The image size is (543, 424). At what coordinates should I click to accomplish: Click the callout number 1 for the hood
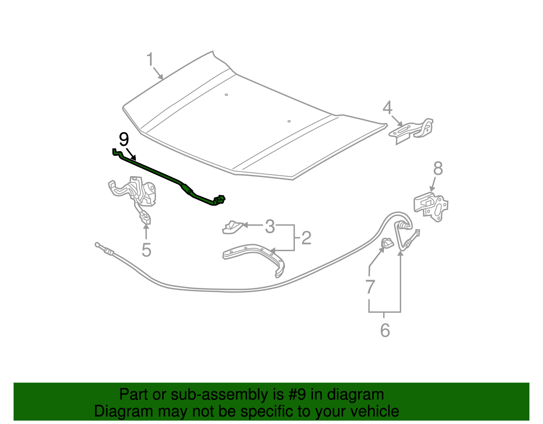pos(150,60)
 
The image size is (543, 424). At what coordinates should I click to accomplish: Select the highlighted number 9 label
pos(124,140)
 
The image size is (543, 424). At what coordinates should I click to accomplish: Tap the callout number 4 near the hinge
pos(387,108)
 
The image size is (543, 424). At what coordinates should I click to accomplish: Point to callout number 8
pos(438,168)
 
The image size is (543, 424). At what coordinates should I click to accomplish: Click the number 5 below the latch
pos(146,250)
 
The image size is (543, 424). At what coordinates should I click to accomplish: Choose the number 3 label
pos(270,226)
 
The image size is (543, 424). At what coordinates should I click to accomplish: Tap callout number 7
pos(370,287)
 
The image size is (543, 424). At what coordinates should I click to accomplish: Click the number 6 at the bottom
pos(385,330)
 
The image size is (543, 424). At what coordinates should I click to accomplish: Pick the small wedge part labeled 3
pos(232,227)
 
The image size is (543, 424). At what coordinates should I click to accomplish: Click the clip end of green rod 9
pos(220,200)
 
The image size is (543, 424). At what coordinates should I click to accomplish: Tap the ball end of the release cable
pos(97,244)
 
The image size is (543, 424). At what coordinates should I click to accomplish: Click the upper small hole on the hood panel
pos(226,95)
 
